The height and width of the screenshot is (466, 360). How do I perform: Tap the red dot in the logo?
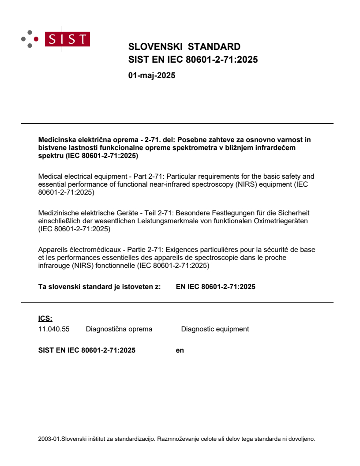click(x=36, y=39)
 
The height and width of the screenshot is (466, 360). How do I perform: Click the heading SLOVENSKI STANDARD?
click(x=184, y=47)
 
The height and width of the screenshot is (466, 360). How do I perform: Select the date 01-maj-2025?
click(x=152, y=75)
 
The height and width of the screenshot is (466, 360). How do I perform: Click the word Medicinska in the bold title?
click(x=56, y=140)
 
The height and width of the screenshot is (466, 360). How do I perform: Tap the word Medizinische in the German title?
click(x=57, y=213)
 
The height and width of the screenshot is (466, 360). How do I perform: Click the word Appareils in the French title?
click(x=53, y=250)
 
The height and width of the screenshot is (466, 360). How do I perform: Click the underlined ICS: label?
click(x=45, y=318)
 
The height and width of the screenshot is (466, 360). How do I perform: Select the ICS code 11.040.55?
click(x=54, y=329)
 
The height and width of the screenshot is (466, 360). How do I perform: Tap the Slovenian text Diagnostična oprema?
click(x=119, y=329)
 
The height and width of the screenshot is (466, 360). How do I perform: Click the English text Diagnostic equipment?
click(x=215, y=329)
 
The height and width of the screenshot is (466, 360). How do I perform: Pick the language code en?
click(x=180, y=350)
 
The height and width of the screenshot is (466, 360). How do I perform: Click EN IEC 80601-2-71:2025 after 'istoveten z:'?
click(x=215, y=287)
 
